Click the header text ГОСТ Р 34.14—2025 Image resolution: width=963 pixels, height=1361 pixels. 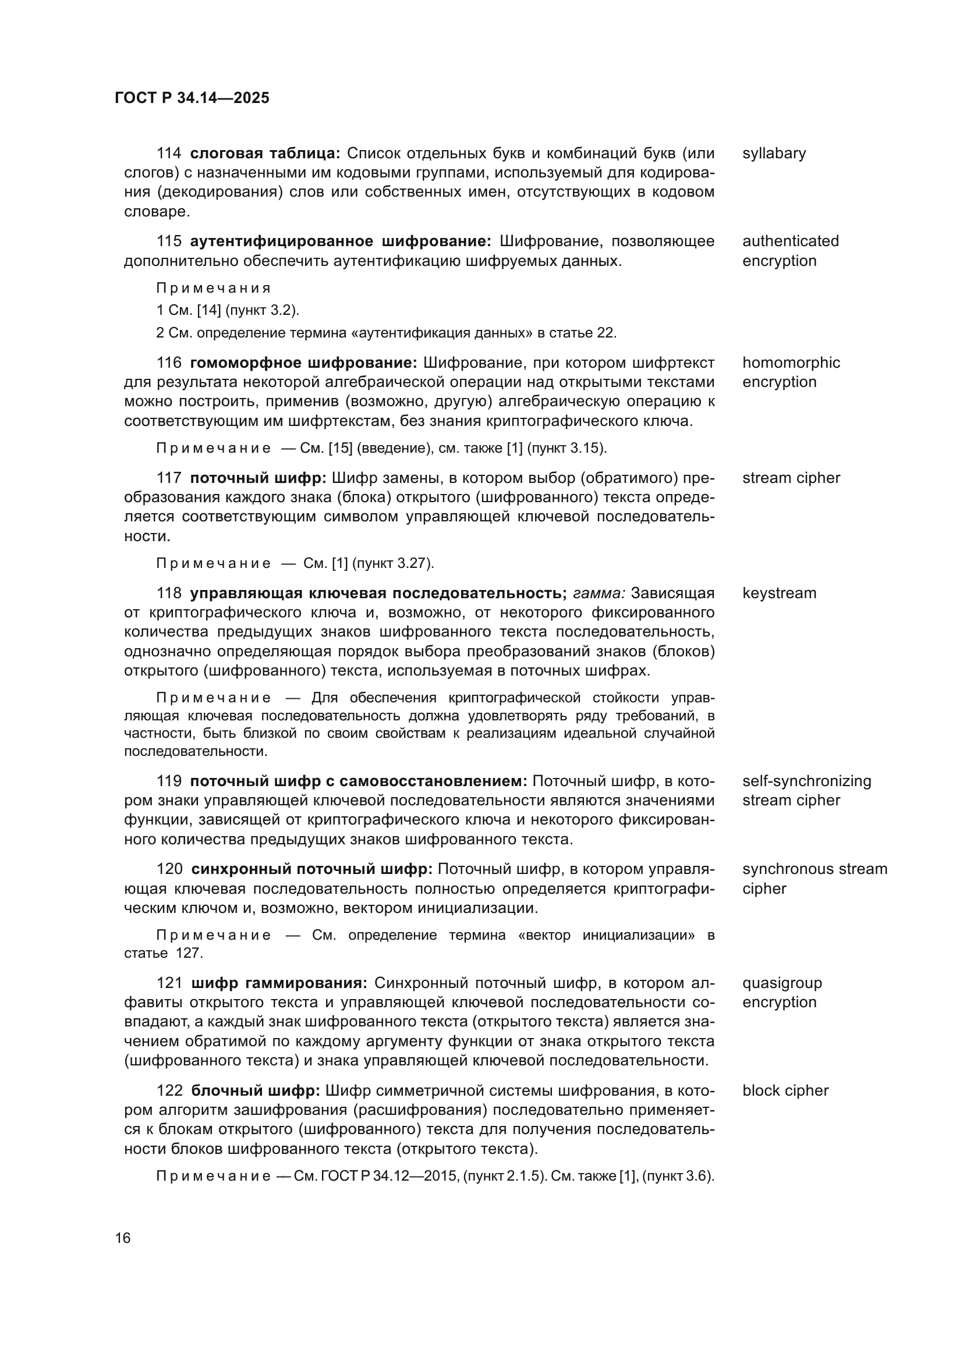coord(192,98)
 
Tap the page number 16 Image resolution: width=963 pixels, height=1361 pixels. coord(123,1238)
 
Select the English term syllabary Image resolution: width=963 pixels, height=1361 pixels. coord(774,154)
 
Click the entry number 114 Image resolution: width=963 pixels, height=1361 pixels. coord(169,154)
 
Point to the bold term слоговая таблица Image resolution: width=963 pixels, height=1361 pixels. coord(264,154)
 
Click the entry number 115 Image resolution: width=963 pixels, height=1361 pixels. coord(169,241)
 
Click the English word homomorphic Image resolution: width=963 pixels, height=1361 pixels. coord(791,363)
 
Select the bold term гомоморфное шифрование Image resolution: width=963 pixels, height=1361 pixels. coord(303,363)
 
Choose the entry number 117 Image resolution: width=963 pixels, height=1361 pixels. coord(169,478)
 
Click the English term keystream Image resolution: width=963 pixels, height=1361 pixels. coord(779,594)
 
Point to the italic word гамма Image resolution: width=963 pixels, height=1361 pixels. coord(599,594)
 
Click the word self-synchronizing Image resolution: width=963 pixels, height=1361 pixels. coord(806,781)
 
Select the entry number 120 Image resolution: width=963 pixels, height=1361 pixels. coord(169,869)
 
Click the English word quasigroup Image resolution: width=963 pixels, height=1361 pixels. coord(782,983)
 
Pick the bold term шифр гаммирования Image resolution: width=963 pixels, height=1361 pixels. coord(279,983)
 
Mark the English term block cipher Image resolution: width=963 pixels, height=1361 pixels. coord(785,1090)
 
